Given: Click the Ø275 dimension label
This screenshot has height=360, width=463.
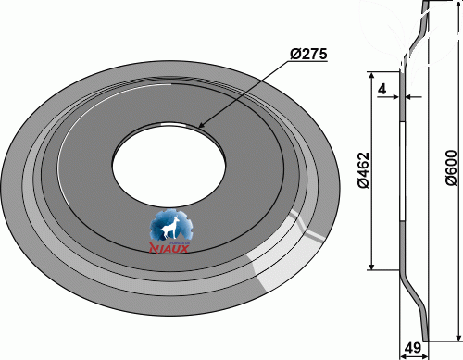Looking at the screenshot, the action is point(308,54).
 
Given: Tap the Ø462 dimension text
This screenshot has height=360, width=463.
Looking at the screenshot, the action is point(363,170).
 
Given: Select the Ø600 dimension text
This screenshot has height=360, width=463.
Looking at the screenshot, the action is point(451,168).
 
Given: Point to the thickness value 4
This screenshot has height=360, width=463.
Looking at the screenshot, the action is point(382,89).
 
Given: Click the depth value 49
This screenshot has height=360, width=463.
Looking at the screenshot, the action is point(412,348).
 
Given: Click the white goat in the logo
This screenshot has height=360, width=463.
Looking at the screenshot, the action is point(170,228).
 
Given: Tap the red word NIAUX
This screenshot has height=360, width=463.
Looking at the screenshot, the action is point(169,248).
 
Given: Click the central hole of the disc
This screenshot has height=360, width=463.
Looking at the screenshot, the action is point(169,165).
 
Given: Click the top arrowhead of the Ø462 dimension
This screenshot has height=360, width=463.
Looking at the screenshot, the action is point(372,76).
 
